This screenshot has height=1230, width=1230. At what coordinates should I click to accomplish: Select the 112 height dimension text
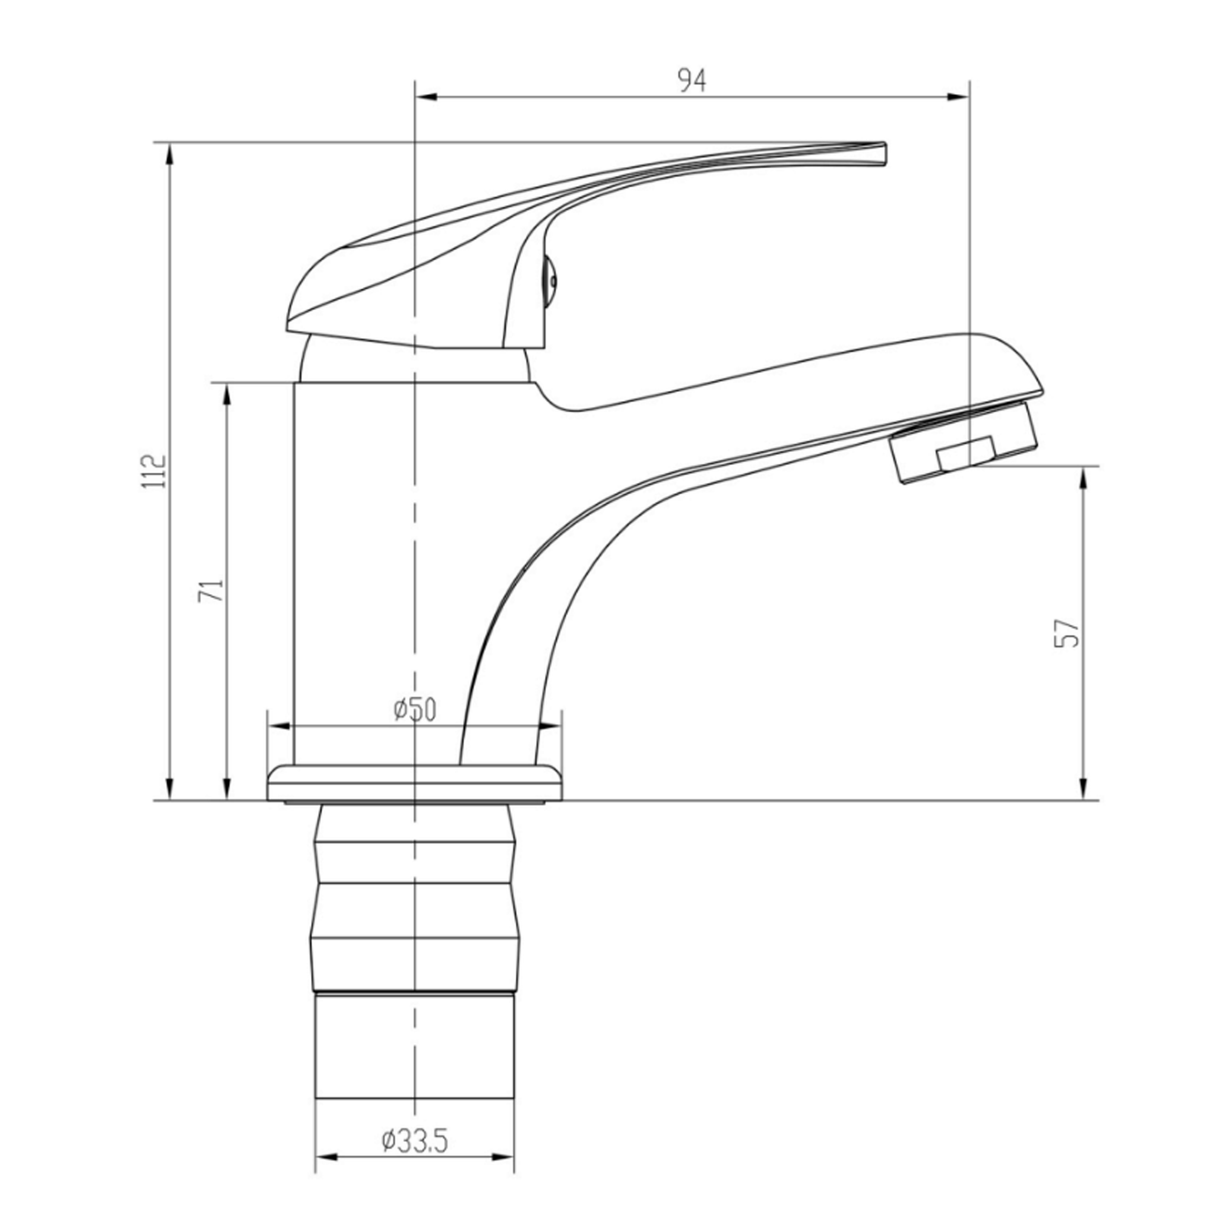[154, 471]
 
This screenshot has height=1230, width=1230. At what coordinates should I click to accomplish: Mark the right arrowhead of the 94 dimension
[958, 97]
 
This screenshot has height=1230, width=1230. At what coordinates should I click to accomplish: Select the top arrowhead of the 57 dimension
[1083, 477]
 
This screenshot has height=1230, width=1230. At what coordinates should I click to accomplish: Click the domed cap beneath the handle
[414, 366]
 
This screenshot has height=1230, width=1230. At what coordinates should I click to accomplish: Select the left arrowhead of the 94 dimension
[425, 97]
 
